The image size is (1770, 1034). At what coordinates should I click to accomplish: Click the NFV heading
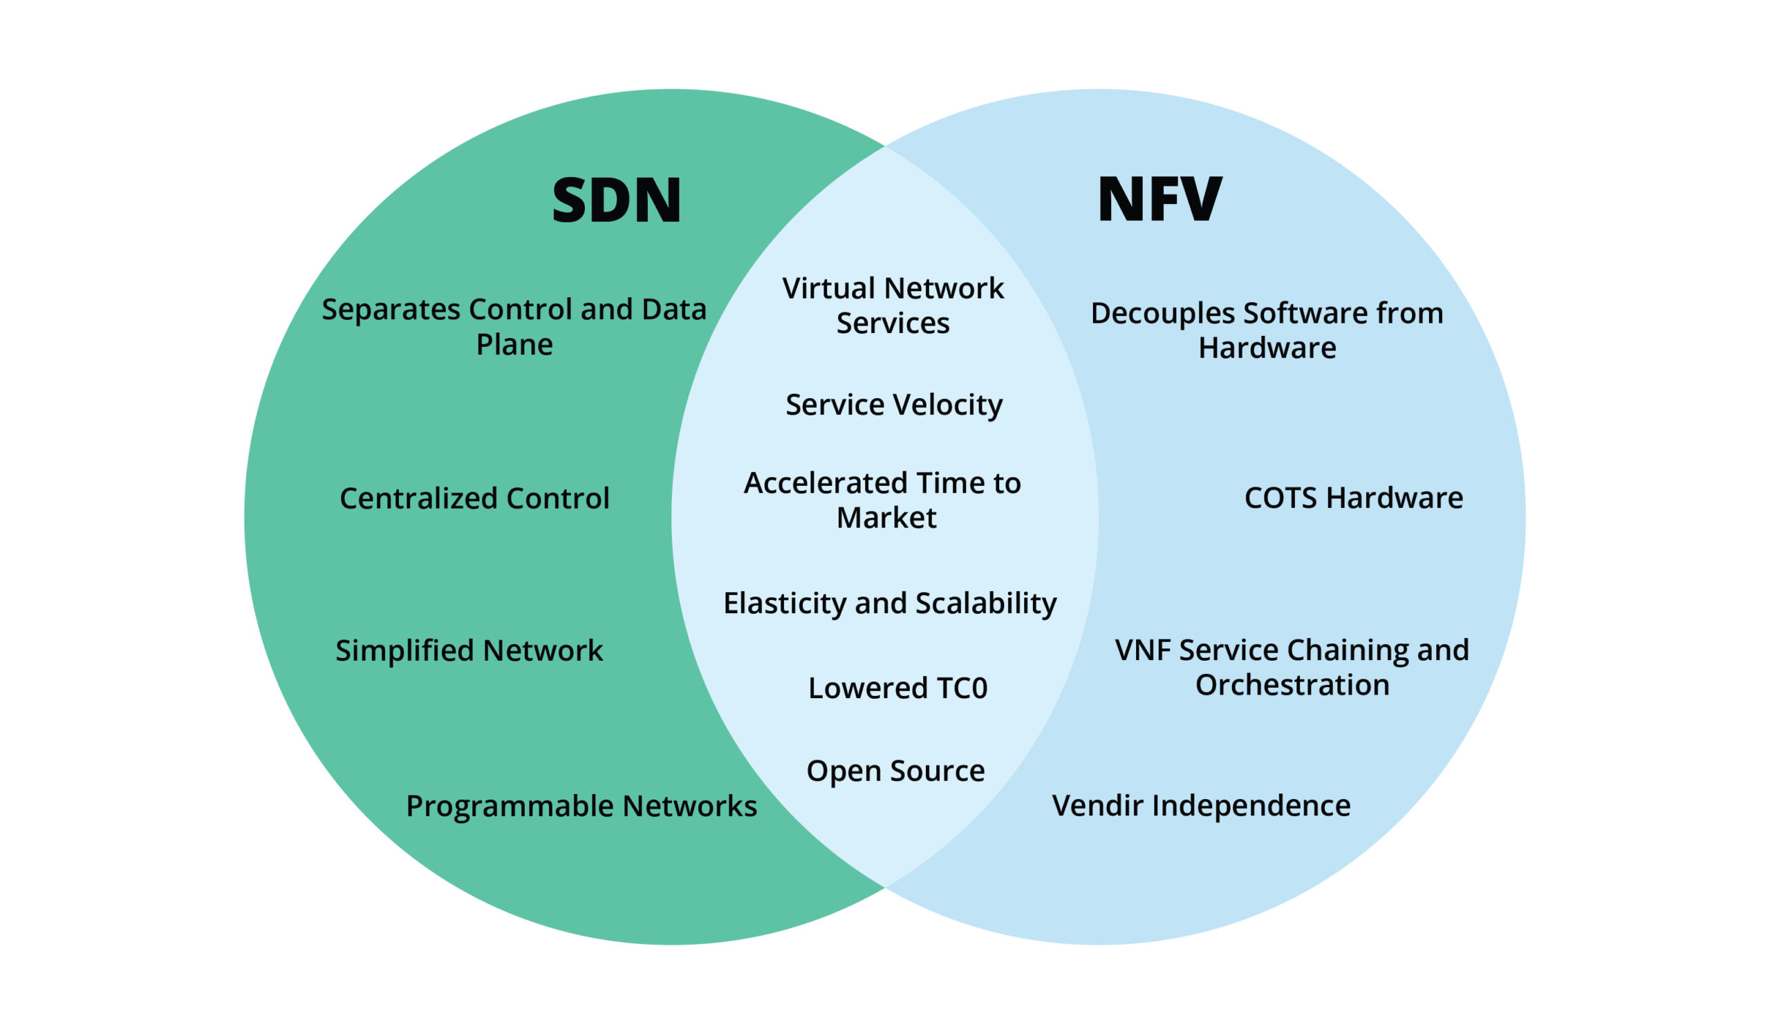[1159, 200]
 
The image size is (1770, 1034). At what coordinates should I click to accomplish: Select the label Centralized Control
[474, 498]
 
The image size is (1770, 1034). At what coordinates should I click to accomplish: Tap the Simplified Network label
[469, 650]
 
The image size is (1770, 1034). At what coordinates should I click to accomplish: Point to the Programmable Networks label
[581, 806]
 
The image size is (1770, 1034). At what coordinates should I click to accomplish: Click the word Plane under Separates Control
[514, 345]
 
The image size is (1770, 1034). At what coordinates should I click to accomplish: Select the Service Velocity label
[893, 405]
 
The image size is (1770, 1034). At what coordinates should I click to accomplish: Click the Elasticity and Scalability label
[889, 603]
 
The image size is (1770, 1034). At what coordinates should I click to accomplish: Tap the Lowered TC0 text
[897, 688]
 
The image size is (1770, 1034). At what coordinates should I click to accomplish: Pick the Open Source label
[895, 771]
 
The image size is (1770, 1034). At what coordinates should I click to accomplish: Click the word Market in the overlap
[886, 518]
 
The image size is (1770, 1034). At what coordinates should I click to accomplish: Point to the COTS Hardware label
[1353, 498]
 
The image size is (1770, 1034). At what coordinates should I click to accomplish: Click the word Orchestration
[1292, 685]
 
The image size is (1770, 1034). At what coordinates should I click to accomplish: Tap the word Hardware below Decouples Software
[1267, 348]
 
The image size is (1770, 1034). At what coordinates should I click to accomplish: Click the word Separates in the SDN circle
[390, 310]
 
